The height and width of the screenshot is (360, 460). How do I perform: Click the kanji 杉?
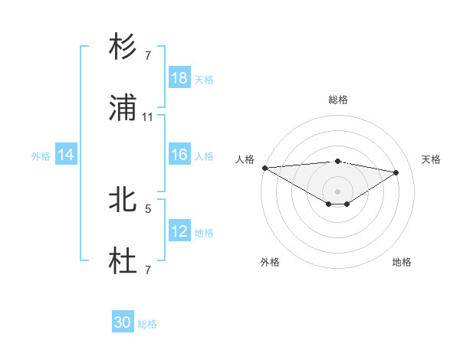[123, 47]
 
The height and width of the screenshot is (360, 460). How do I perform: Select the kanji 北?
[123, 201]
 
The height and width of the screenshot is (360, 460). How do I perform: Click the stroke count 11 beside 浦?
[148, 117]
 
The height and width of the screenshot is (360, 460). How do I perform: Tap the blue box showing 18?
[179, 78]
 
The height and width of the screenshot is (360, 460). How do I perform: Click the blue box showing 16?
[179, 155]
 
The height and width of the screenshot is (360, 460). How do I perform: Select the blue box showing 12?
[179, 231]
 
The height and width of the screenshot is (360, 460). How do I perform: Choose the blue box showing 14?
[66, 155]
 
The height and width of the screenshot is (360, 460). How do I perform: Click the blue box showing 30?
[123, 322]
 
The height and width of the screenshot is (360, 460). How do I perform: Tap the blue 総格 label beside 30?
[147, 324]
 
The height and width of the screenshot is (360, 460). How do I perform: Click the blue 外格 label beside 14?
[41, 155]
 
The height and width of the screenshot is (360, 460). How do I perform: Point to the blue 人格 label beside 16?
[204, 155]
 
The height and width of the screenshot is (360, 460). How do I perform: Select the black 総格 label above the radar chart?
[338, 100]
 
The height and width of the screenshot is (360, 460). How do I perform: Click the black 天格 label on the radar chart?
[431, 159]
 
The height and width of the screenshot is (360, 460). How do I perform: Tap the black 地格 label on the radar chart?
[402, 262]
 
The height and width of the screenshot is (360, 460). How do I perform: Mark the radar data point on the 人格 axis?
[264, 168]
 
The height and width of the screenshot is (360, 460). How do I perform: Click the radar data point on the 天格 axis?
[396, 172]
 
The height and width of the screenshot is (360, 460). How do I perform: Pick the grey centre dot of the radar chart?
[338, 191]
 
